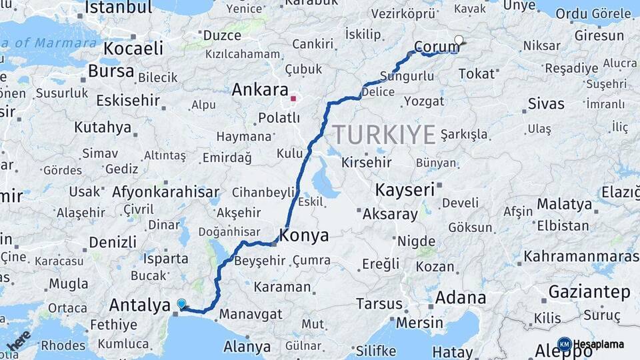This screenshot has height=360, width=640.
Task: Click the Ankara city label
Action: [260, 90]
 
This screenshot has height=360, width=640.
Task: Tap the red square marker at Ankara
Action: [293, 98]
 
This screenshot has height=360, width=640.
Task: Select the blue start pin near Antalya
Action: [181, 304]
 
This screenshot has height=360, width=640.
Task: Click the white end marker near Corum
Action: [459, 40]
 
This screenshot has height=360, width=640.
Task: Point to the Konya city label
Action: [304, 235]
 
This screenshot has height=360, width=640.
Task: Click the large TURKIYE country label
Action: [385, 135]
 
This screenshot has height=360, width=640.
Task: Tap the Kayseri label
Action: [405, 189]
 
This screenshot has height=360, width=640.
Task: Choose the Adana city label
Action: [461, 297]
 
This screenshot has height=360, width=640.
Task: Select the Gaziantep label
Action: [589, 291]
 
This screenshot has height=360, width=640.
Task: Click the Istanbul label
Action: [119, 7]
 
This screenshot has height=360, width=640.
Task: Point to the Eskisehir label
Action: [128, 101]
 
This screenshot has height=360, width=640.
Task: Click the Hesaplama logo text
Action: [598, 345]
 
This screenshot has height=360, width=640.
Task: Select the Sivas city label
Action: [546, 104]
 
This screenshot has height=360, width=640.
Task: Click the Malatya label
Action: [565, 203]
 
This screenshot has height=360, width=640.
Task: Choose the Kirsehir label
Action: [369, 162]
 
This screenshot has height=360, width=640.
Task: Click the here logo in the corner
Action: [19, 339]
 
